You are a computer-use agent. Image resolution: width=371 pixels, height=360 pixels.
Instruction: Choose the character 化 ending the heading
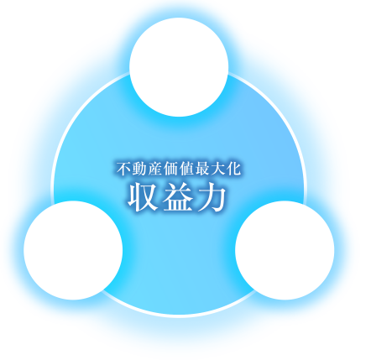(x=234, y=169)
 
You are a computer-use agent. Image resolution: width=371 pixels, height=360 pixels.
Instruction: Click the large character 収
(x=143, y=197)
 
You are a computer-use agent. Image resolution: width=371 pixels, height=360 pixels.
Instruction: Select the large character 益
(x=177, y=197)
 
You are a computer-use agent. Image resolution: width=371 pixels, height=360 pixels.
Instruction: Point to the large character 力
(x=212, y=197)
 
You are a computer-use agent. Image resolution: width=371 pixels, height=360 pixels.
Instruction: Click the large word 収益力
(x=177, y=197)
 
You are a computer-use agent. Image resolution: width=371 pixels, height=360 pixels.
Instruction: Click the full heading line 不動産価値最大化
(x=179, y=169)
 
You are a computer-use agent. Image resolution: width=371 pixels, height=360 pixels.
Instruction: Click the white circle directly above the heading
(x=179, y=67)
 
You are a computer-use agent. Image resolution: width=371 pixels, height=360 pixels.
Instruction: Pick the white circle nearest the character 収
(x=73, y=250)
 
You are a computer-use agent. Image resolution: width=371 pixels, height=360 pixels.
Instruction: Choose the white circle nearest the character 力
(x=285, y=250)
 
